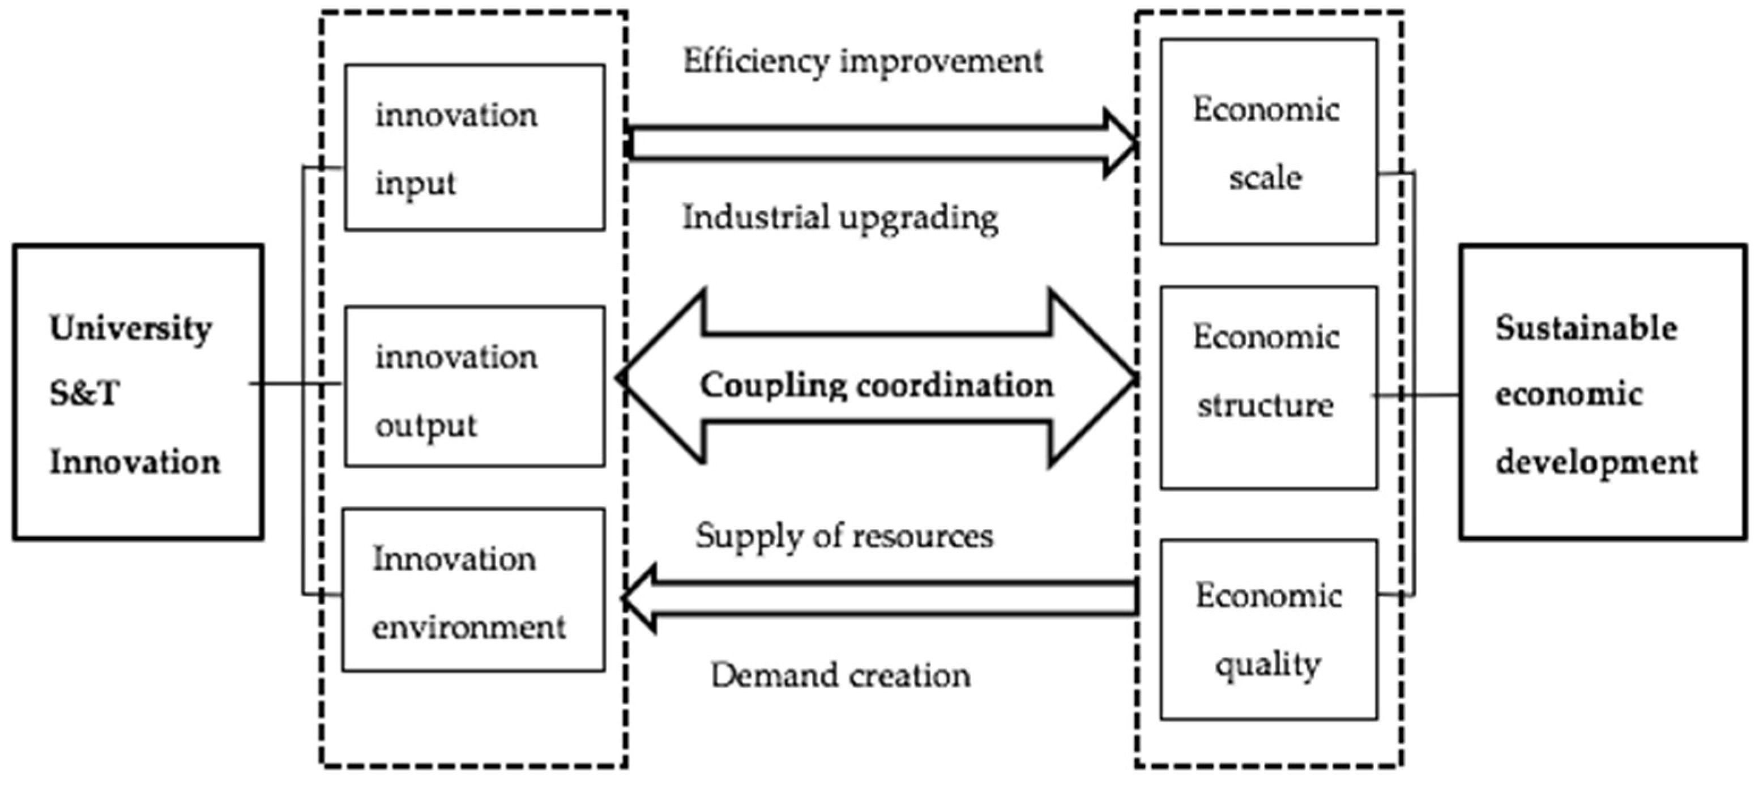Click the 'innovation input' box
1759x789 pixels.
(474, 148)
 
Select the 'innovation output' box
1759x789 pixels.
(474, 387)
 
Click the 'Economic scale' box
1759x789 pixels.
(1268, 142)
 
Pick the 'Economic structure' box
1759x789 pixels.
(1268, 387)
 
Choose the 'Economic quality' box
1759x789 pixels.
(1268, 629)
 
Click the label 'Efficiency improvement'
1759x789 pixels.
(863, 62)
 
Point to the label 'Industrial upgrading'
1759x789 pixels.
(840, 219)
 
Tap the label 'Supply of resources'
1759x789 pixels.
(844, 536)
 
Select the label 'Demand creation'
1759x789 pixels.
(840, 675)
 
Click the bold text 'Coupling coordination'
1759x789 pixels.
(877, 385)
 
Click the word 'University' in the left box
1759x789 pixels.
(130, 329)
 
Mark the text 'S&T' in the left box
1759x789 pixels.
(84, 394)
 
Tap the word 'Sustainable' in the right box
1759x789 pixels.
(1586, 329)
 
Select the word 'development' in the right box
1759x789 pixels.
(1596, 463)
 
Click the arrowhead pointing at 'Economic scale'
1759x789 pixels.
(1120, 143)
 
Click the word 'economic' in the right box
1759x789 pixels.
(1569, 395)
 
